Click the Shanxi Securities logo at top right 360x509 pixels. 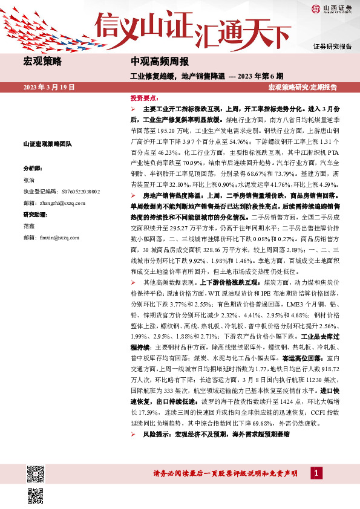(331, 8)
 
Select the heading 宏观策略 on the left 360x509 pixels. (42, 62)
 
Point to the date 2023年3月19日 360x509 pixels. (48, 87)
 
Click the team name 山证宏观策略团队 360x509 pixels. (47, 144)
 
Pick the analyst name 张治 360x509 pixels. (29, 180)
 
